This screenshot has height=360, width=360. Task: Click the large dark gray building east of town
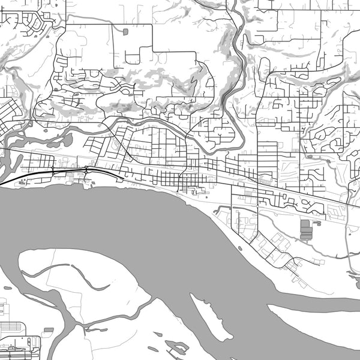306,230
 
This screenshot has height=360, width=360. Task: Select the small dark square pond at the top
125,32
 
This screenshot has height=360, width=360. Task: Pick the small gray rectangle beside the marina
48,330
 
